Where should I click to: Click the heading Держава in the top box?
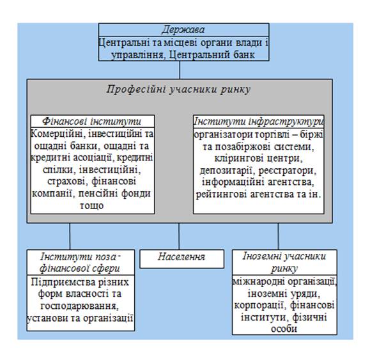[x=183, y=30]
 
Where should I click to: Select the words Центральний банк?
[x=212, y=55]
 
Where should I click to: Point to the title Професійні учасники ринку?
[x=178, y=90]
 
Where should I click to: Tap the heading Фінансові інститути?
[x=91, y=121]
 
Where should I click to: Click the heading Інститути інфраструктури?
[x=258, y=121]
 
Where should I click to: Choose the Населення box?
[x=181, y=259]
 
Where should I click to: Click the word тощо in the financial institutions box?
[x=91, y=206]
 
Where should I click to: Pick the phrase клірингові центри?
[x=258, y=158]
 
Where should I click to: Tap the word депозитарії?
[x=227, y=171]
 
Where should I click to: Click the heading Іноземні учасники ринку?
[x=284, y=262]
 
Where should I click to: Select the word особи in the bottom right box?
[x=284, y=329]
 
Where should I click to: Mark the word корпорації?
[x=259, y=305]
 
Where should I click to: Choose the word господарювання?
[x=80, y=306]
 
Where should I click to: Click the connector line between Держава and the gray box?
[x=180, y=70]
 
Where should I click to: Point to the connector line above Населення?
[x=179, y=237]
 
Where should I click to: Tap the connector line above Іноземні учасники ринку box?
[x=278, y=237]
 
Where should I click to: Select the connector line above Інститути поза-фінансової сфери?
[x=70, y=237]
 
